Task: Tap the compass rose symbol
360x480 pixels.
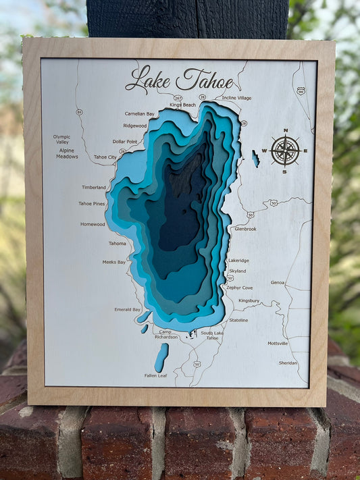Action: click(x=285, y=150)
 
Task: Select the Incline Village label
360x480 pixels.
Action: click(x=236, y=98)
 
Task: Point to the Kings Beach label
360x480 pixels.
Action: click(x=182, y=105)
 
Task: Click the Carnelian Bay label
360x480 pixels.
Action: click(x=139, y=114)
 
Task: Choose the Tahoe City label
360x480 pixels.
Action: click(x=105, y=157)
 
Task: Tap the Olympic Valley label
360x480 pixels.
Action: click(x=62, y=140)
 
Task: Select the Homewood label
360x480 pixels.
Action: click(x=93, y=224)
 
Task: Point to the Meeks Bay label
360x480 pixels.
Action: click(x=113, y=262)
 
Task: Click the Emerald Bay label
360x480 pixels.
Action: click(x=127, y=309)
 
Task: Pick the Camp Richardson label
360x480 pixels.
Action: click(x=167, y=334)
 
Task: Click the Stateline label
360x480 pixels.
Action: click(x=238, y=320)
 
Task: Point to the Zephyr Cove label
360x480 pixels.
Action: click(x=239, y=288)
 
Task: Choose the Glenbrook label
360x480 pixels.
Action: click(x=245, y=229)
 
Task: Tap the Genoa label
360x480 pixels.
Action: click(x=277, y=282)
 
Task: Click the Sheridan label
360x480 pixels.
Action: click(x=288, y=363)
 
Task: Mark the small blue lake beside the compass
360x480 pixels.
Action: click(x=255, y=159)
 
